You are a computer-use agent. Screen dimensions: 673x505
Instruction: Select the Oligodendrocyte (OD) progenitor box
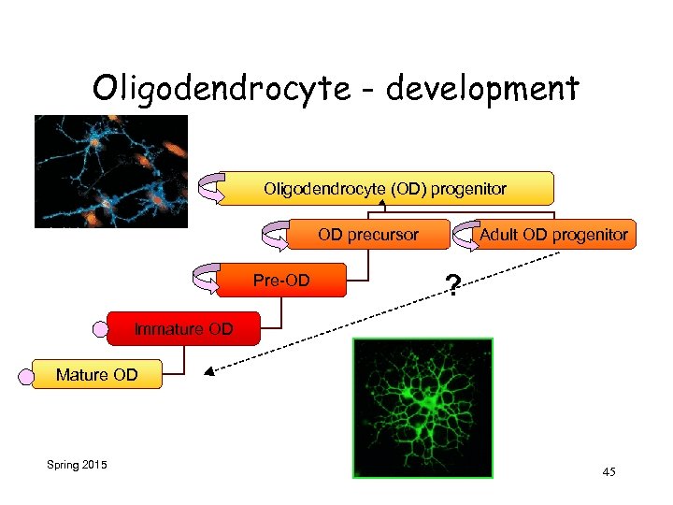(384, 188)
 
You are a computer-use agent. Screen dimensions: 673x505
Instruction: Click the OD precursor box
(368, 234)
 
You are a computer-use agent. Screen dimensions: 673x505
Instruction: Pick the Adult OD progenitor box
(553, 234)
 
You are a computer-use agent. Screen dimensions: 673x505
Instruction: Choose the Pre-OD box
(282, 280)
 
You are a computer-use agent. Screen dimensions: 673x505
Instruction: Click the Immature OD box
(183, 328)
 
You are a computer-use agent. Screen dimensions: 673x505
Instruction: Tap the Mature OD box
(96, 375)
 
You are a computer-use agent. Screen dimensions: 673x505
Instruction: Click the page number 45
(609, 472)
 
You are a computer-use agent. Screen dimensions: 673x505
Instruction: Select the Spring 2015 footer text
(76, 465)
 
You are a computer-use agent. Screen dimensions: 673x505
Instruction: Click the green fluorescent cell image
(422, 408)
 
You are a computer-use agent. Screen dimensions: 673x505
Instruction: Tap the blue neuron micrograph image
(110, 171)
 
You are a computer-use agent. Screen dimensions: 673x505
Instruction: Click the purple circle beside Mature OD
(25, 376)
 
